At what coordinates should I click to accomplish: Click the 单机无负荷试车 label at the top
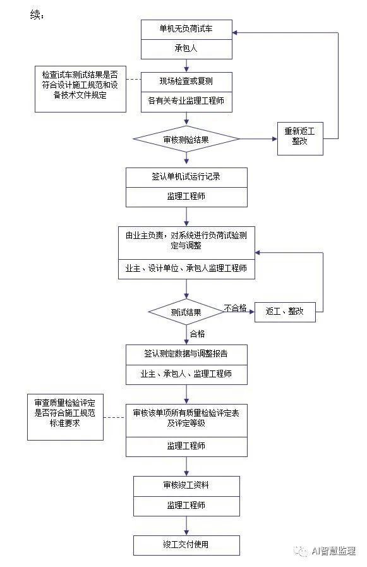186,28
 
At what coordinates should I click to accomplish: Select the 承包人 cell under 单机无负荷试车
186,48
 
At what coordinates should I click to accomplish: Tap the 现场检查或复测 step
186,82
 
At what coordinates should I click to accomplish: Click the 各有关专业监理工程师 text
186,101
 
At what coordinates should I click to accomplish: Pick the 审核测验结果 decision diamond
186,139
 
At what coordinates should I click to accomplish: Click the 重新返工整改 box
300,139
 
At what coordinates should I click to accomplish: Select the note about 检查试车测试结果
80,89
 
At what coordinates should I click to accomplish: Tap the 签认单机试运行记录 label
186,177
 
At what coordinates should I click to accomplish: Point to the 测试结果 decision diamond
186,312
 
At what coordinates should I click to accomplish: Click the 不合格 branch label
235,308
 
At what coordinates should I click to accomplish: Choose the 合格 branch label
197,334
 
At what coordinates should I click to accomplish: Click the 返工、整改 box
285,312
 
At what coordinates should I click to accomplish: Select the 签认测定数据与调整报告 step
186,353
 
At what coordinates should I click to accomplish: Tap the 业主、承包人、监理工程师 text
186,374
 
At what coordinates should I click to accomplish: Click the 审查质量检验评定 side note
66,417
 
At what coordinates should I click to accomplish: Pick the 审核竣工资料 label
186,485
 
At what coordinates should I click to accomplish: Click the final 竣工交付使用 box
186,546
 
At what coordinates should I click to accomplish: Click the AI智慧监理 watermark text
334,551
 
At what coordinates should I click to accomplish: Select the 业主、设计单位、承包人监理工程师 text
186,268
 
